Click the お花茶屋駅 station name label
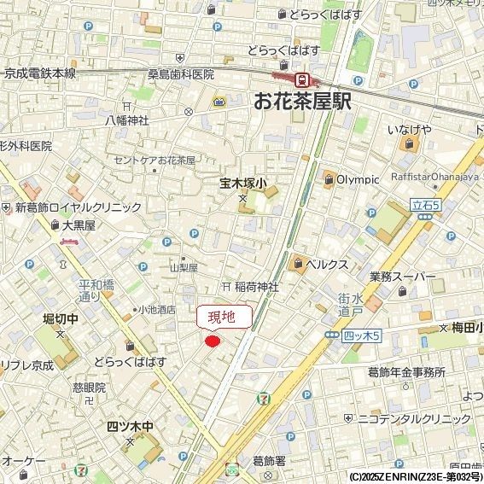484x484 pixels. click(x=302, y=102)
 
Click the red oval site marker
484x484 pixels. click(x=213, y=341)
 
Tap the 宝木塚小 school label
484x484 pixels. click(x=243, y=182)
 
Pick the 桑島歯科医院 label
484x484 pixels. click(x=181, y=75)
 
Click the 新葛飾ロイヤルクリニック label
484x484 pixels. click(x=78, y=207)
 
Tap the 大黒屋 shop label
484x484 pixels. click(x=78, y=225)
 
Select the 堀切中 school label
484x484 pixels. click(x=61, y=318)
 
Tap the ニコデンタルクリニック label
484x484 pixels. click(x=413, y=419)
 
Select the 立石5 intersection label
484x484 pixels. click(x=425, y=205)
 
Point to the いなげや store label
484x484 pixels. click(x=408, y=129)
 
